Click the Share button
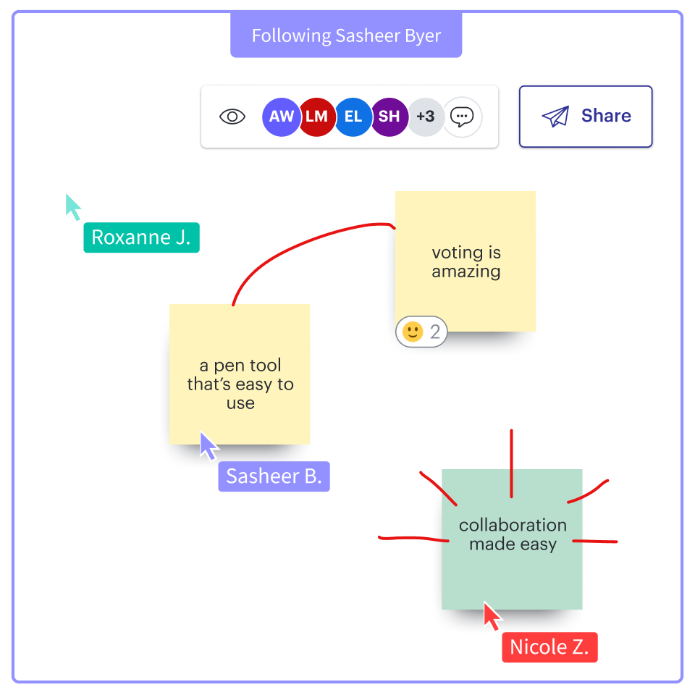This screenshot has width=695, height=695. (586, 117)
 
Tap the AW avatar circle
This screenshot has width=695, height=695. (281, 117)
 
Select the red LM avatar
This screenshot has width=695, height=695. (317, 117)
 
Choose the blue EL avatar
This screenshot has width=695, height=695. (353, 117)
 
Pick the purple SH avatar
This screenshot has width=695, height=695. (389, 117)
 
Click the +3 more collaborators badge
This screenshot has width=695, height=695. (426, 117)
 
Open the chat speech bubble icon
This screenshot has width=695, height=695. (462, 117)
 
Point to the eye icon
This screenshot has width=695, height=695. (232, 117)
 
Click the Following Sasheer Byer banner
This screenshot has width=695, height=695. (346, 35)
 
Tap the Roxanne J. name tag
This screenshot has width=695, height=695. (141, 237)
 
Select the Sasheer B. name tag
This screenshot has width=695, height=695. (274, 476)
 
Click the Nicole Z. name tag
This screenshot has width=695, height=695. (549, 646)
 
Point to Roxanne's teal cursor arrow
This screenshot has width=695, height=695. (73, 206)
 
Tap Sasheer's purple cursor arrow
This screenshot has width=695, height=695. (208, 446)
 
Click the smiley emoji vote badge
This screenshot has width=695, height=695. (422, 332)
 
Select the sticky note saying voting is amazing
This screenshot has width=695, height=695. (466, 261)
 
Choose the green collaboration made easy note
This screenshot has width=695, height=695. (512, 539)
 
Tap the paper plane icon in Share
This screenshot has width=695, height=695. (555, 117)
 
